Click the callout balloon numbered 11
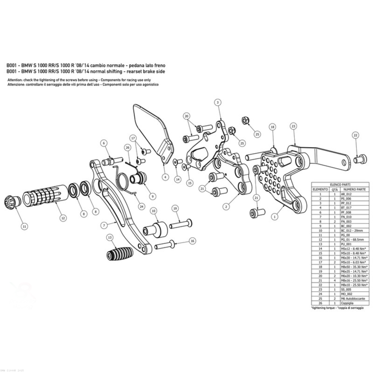[24, 227]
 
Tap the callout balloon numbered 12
[63, 218]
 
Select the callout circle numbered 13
[109, 237]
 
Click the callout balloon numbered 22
[356, 135]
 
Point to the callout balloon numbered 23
[293, 126]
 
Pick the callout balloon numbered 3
[218, 102]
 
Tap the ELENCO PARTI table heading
[339, 184]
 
